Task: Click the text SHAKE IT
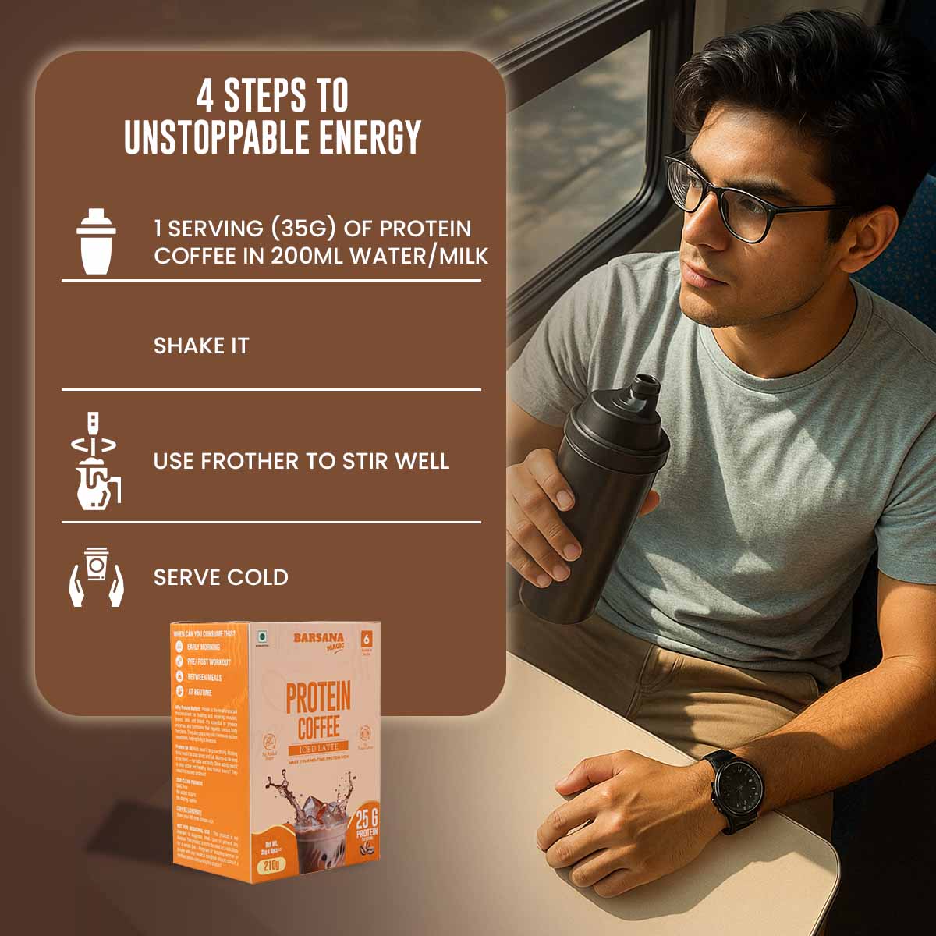[201, 346]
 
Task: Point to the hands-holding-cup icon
[96, 576]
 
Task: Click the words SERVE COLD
[221, 577]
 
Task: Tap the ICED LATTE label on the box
[319, 751]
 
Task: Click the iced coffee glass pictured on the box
[312, 827]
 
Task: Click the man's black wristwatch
[736, 790]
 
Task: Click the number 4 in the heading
[204, 97]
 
